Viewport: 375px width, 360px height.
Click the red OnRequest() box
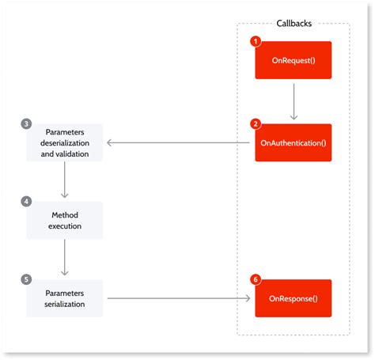293,60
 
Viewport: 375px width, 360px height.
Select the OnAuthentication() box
293,142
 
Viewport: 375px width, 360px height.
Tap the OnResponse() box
293,298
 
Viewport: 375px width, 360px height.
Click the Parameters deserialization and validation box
65,142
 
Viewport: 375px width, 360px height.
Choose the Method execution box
65,220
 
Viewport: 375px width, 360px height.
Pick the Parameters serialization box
65,298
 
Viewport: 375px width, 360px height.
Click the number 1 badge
255,40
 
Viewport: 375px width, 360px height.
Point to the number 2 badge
255,123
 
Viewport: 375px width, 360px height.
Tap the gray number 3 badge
27,124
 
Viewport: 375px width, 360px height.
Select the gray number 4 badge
27,202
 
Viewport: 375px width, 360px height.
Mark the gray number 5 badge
27,279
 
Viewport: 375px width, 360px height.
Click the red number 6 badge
255,279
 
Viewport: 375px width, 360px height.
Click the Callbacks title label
293,23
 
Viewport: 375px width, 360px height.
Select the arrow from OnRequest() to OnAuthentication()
293,100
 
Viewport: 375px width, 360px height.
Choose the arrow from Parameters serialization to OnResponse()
179,298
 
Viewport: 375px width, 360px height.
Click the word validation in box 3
81,153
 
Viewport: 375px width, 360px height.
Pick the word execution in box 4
65,225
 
